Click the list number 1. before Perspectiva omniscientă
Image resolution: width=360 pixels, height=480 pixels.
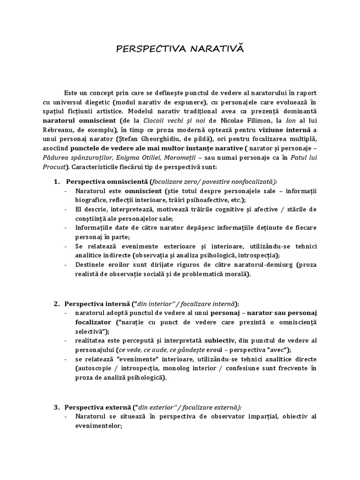coord(57,181)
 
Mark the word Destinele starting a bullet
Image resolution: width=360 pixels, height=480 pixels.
coord(90,264)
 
